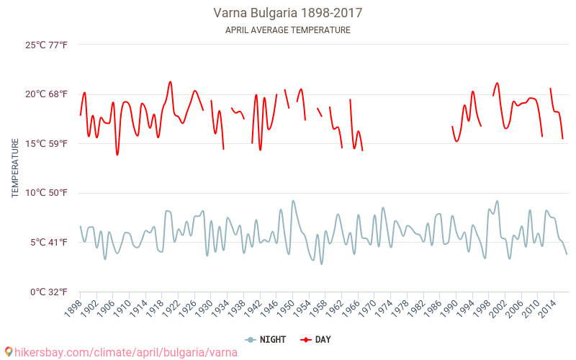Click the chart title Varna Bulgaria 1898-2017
pyautogui.click(x=287, y=13)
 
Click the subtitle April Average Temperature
pyautogui.click(x=287, y=30)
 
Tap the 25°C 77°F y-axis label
pyautogui.click(x=47, y=45)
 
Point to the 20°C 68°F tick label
pyautogui.click(x=47, y=94)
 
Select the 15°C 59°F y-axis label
pyautogui.click(x=47, y=144)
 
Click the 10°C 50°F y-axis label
pyautogui.click(x=47, y=193)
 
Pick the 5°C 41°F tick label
pyautogui.click(x=49, y=243)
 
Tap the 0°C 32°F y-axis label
pyautogui.click(x=49, y=292)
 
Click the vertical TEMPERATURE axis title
pyautogui.click(x=15, y=168)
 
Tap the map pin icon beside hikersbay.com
pyautogui.click(x=9, y=352)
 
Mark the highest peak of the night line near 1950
pyautogui.click(x=293, y=201)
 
